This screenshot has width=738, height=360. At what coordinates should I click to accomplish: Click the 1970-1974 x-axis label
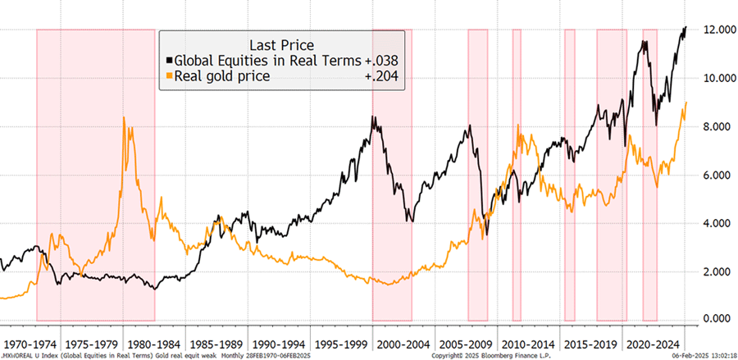[x=31, y=338]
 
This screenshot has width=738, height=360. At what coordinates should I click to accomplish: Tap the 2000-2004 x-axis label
[x=404, y=338]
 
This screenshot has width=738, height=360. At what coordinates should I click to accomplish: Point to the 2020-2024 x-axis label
[x=654, y=338]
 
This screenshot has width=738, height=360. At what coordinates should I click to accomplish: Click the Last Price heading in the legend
[x=280, y=44]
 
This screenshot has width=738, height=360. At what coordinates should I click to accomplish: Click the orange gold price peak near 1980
[x=124, y=118]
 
